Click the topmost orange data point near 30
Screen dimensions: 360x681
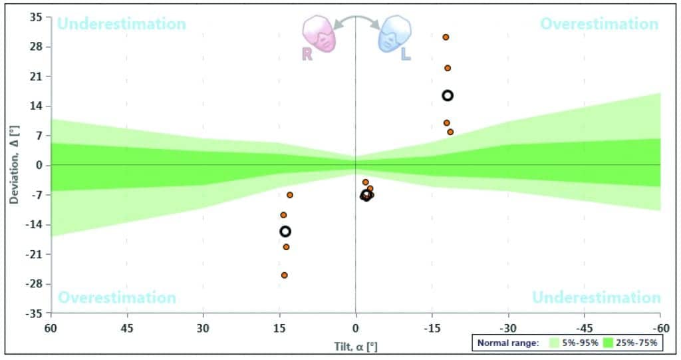point(446,37)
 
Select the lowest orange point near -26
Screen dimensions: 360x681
point(284,275)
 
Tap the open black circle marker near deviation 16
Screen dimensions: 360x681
point(448,95)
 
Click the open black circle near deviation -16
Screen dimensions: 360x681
point(285,231)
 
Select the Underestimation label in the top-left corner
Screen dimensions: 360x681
point(121,24)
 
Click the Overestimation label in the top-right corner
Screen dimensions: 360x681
point(599,24)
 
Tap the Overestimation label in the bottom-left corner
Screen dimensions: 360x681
point(117,297)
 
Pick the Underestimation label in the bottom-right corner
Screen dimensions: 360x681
point(597,297)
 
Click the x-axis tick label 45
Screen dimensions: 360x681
point(127,328)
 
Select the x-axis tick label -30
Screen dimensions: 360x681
point(508,328)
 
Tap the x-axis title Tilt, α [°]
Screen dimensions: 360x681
point(356,346)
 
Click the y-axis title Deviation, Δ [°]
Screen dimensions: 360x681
point(15,165)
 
